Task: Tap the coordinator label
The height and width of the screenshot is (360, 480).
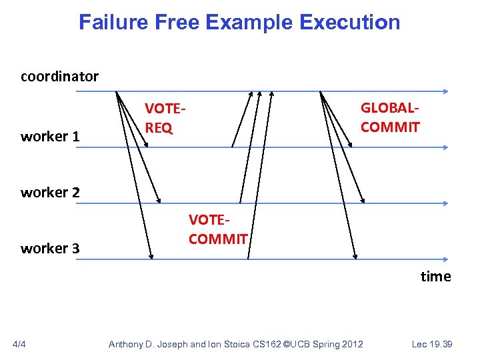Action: point(59,77)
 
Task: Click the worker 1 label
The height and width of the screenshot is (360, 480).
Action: point(50,137)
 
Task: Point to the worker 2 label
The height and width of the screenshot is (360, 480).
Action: point(50,193)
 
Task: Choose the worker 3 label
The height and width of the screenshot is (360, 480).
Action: point(50,249)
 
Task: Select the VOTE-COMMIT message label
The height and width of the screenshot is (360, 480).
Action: point(218,229)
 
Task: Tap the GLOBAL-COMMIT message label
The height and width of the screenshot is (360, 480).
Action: point(390,117)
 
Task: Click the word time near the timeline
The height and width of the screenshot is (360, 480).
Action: point(435,276)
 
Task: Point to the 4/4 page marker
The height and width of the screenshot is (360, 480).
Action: point(20,344)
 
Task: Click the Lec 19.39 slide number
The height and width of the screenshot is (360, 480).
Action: point(432,344)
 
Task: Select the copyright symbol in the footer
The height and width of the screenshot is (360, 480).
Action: point(285,344)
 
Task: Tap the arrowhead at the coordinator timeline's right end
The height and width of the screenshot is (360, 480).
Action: point(445,91)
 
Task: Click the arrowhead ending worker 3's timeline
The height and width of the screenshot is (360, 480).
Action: point(445,259)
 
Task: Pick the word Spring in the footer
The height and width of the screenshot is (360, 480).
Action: point(327,344)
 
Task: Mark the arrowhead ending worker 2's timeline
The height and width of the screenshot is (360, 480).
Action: point(445,203)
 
